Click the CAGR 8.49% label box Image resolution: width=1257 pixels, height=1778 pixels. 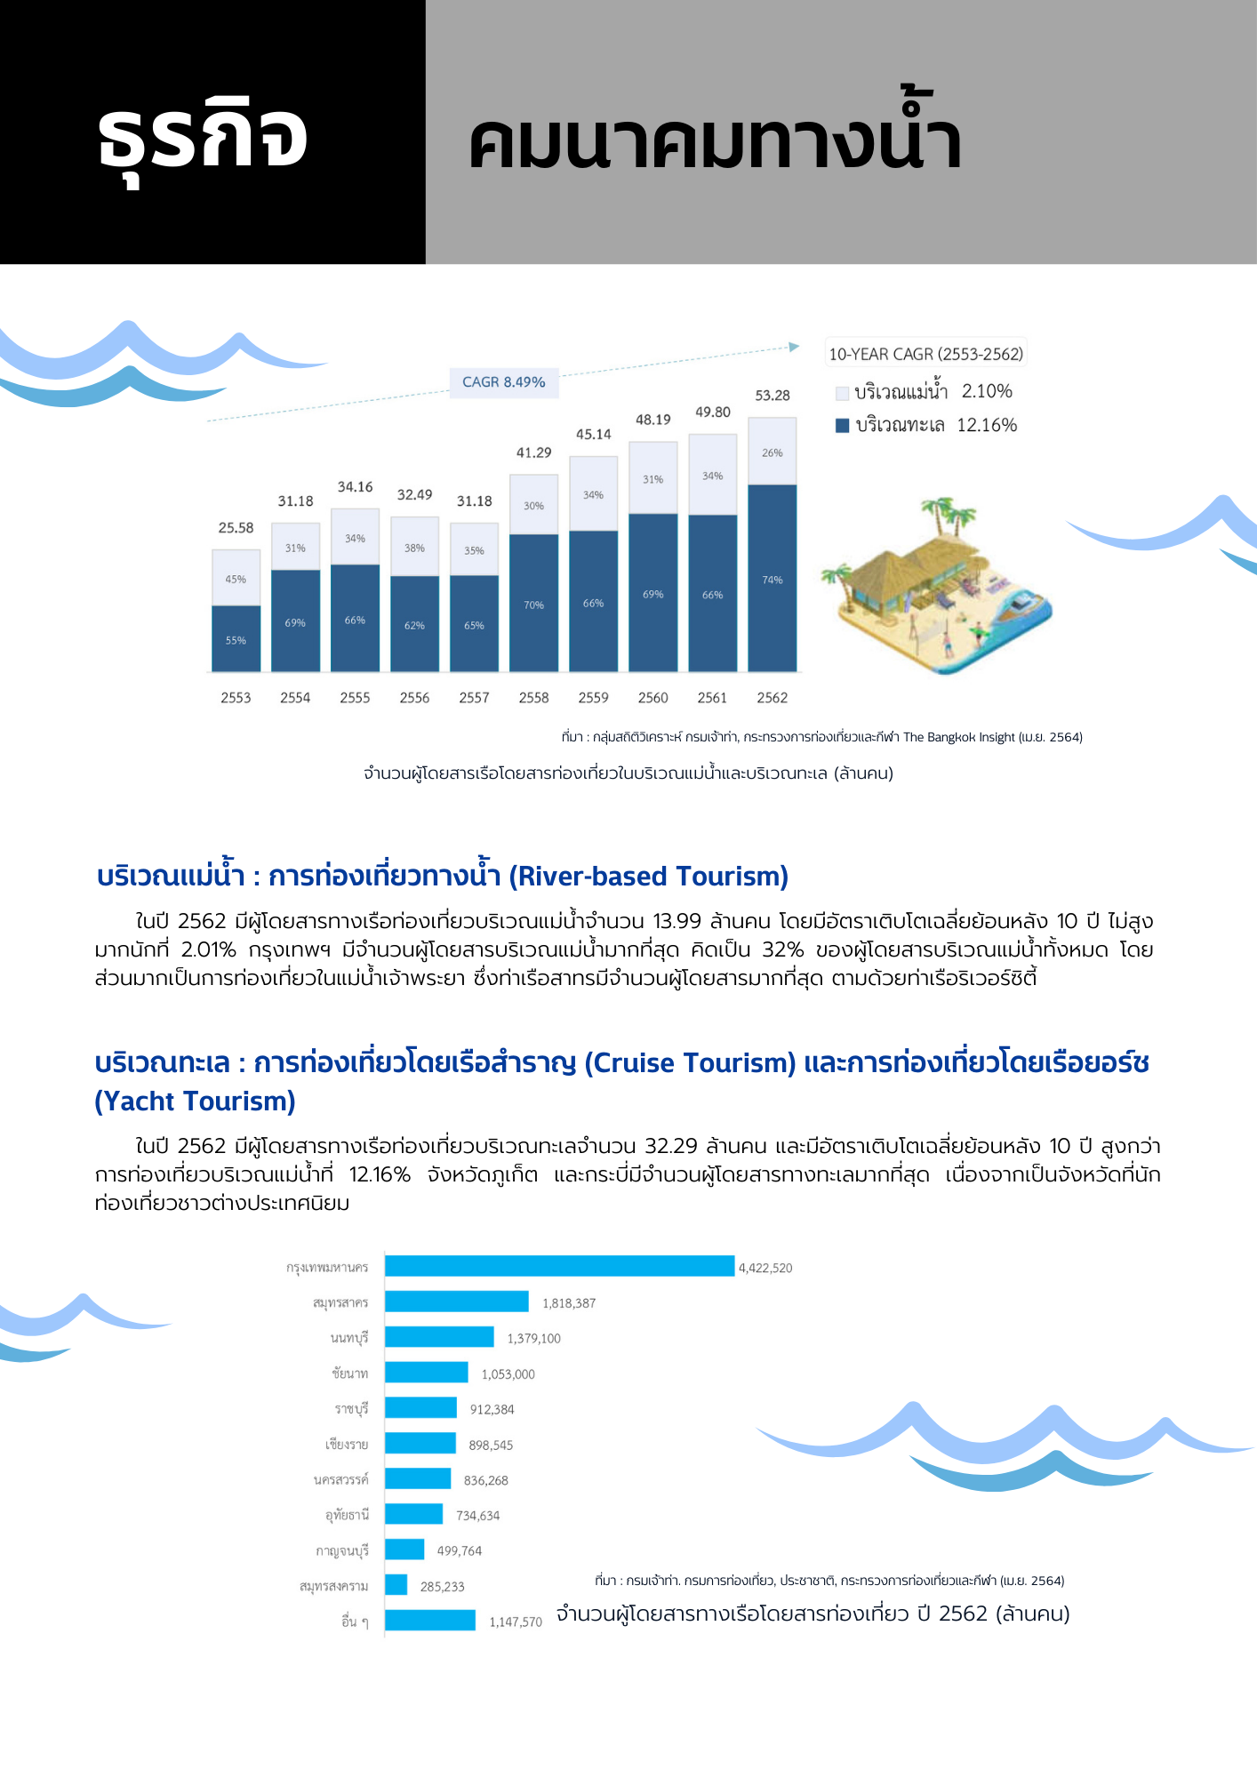coord(503,382)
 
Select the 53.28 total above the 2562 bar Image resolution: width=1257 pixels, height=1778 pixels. coord(772,396)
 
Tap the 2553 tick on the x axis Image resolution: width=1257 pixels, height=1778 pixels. coord(236,698)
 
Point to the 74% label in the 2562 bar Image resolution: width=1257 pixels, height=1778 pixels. coord(772,580)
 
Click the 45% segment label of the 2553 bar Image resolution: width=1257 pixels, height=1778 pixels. coord(236,579)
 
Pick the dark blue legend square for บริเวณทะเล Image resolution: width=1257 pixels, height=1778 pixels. coord(842,426)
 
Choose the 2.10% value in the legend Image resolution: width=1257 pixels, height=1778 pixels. coord(987,391)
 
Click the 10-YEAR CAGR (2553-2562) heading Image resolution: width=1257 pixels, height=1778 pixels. coord(925,354)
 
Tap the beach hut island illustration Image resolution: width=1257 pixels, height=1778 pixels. coord(938,587)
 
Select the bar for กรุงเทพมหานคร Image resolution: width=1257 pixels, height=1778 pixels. coord(559,1266)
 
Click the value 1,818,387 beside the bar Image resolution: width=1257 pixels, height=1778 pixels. coord(569,1303)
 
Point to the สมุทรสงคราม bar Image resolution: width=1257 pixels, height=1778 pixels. coord(396,1585)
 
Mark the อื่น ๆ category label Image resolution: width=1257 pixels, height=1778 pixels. coord(355,1622)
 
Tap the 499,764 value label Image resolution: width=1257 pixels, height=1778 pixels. coord(460,1550)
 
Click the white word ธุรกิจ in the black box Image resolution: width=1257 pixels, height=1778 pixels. coord(204,138)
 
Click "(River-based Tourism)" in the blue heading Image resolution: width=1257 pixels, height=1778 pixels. coord(648,877)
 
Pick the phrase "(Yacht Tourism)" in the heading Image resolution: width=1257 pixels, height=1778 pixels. coord(195,1101)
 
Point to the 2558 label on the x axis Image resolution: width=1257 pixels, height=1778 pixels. coord(533,698)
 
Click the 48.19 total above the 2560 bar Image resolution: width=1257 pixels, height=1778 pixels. coord(653,420)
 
